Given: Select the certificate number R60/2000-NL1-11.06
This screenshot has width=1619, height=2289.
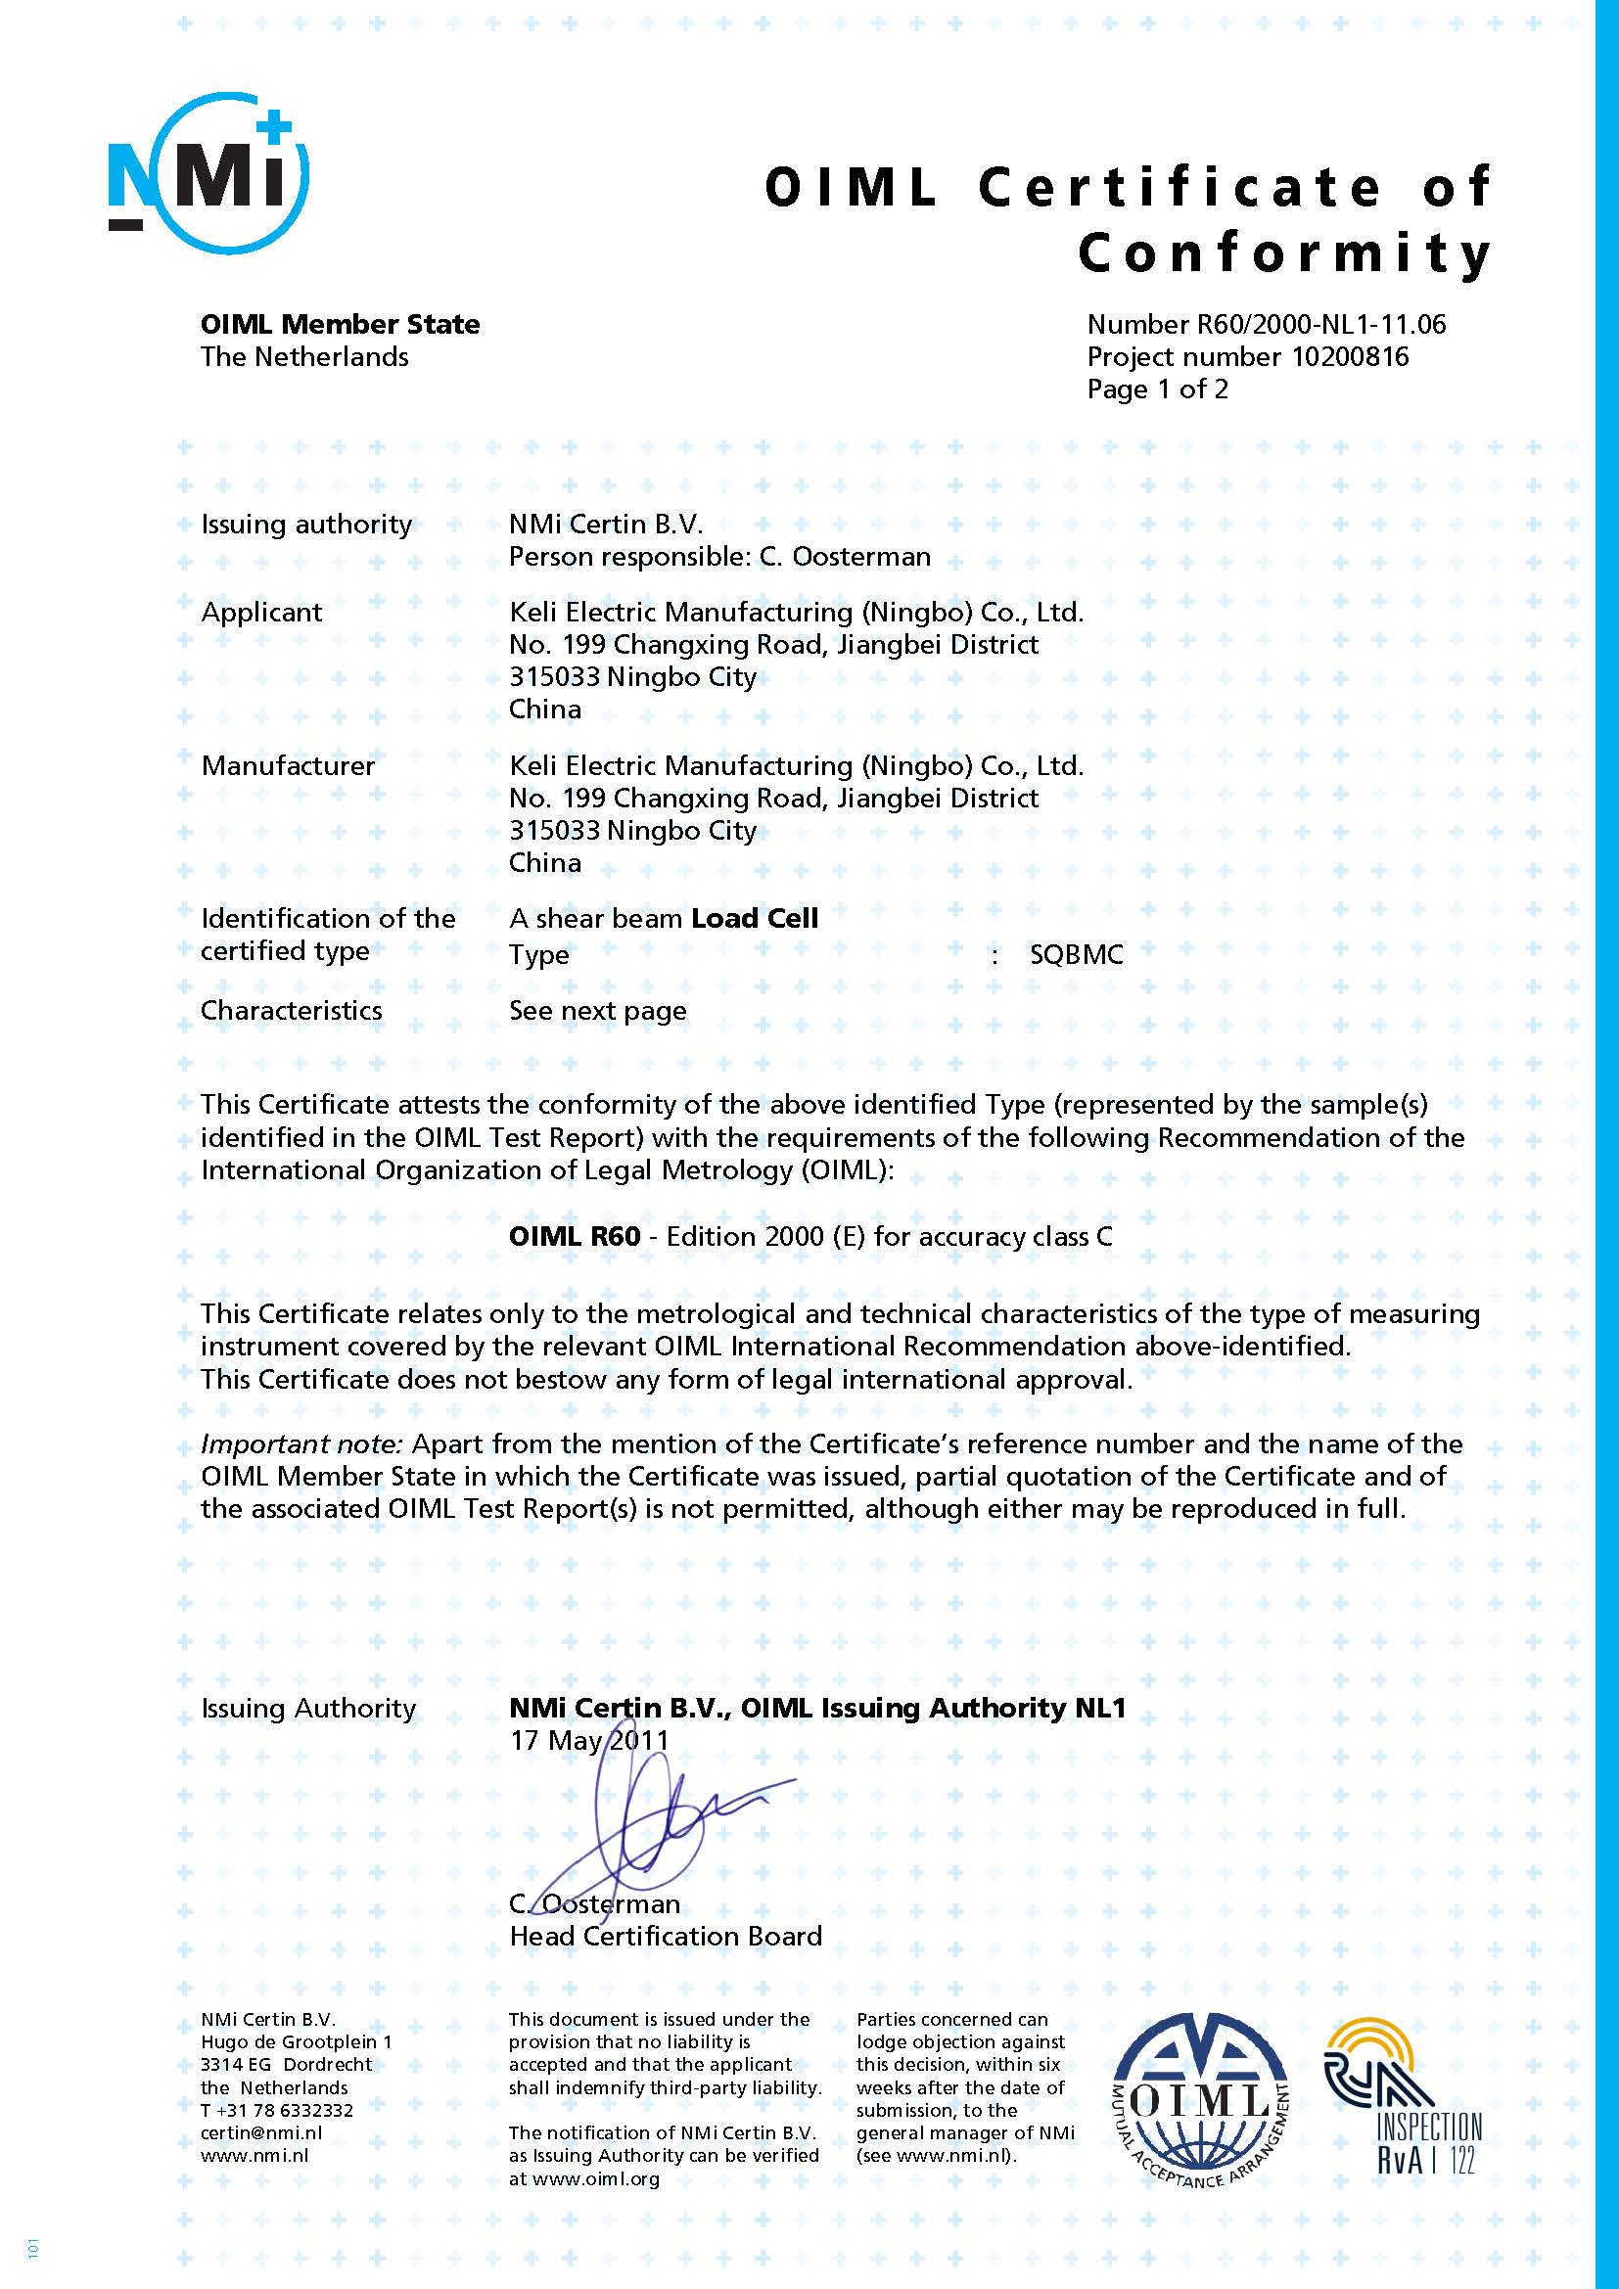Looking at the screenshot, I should (1318, 324).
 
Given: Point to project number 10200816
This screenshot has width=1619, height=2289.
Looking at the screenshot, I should (1350, 357).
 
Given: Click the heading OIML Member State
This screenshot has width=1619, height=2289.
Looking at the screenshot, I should (340, 324).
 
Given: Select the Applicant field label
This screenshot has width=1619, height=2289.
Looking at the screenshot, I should (261, 612).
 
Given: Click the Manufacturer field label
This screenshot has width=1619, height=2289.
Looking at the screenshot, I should (287, 765).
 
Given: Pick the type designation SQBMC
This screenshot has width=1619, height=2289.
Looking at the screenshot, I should (1076, 954).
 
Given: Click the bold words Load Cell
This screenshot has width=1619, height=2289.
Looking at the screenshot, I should (755, 918).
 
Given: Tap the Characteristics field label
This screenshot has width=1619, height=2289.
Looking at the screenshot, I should (291, 1010).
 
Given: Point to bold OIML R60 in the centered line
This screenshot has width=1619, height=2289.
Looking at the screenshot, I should (575, 1236).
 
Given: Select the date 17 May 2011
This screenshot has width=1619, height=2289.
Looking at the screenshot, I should (589, 1741).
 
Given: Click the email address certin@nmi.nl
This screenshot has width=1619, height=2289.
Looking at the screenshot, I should (261, 2133).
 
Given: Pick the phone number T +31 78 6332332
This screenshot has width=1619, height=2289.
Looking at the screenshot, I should (276, 2110).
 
